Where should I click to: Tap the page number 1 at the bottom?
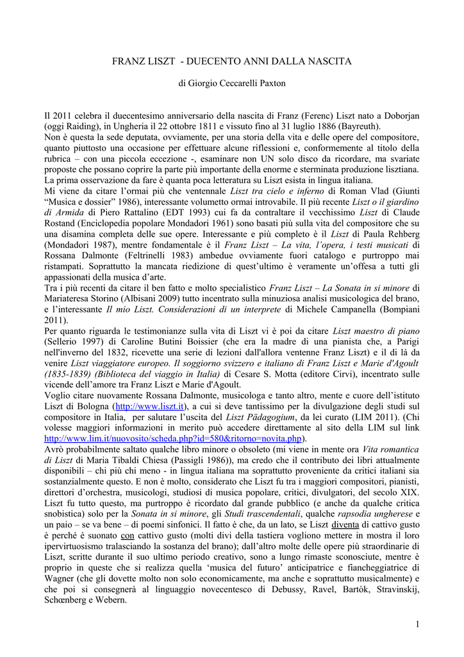[417, 624]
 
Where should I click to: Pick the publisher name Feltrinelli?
[153, 255]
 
